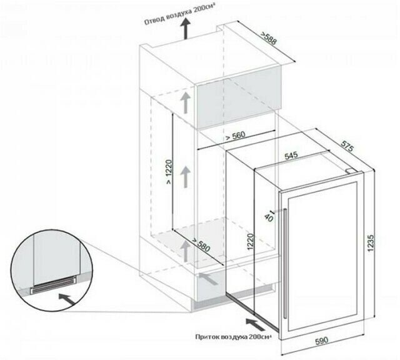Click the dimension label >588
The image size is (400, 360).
(x=268, y=39)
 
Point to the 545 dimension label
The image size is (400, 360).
(x=291, y=156)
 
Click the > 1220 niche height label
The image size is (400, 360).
(x=169, y=172)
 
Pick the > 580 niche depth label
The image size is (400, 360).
(x=201, y=244)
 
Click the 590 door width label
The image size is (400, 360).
(x=322, y=341)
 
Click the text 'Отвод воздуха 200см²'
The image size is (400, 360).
(x=179, y=18)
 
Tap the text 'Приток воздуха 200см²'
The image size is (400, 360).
(x=233, y=337)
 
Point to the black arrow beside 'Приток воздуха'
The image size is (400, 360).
(x=256, y=324)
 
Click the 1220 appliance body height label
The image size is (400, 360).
(x=251, y=241)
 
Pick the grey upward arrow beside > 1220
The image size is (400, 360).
(x=186, y=177)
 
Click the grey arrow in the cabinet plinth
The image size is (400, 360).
(x=208, y=279)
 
